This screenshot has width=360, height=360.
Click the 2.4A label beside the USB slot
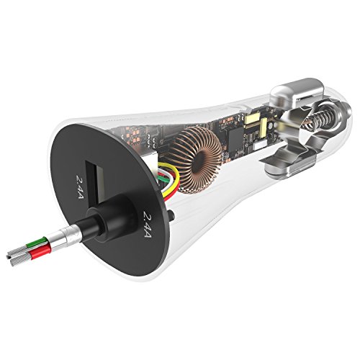click(x=81, y=187)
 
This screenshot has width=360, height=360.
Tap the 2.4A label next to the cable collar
click(x=147, y=224)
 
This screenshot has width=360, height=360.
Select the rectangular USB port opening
click(x=96, y=182)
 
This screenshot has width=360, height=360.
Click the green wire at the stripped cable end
click(x=36, y=243)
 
